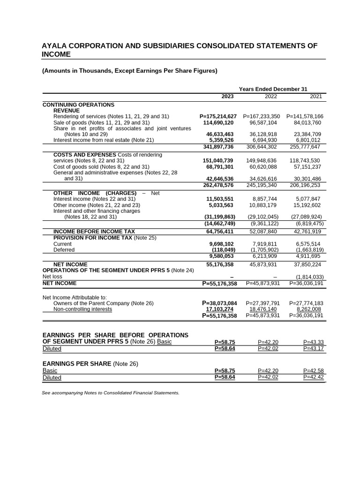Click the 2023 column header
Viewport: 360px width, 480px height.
[x=227, y=97]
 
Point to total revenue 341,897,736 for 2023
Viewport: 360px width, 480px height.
[x=218, y=146]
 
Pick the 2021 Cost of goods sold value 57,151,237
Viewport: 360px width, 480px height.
[x=308, y=167]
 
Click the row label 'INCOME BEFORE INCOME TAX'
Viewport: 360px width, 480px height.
[x=94, y=232]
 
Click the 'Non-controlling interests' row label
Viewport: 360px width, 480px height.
[x=82, y=309]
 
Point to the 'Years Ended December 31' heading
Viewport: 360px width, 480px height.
[x=273, y=89]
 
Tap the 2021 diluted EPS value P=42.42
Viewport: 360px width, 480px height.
[x=314, y=377]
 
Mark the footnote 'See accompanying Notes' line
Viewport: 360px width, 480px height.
[x=111, y=393]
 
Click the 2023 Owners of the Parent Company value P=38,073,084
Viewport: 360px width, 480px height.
[x=219, y=303]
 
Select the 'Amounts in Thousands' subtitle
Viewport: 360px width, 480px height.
[x=129, y=71]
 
